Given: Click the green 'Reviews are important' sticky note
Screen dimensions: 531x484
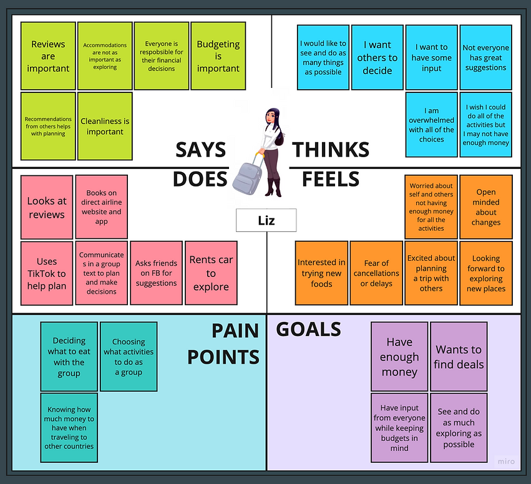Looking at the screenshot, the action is [x=48, y=56].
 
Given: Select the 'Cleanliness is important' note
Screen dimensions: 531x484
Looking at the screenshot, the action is [x=105, y=126].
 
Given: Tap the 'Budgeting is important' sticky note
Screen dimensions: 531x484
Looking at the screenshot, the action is [x=218, y=56].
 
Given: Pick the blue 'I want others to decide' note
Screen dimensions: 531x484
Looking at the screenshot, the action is [x=377, y=57].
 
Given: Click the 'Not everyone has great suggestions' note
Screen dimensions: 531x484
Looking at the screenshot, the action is [x=485, y=57].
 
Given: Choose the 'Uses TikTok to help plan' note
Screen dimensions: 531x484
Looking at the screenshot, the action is [x=47, y=274].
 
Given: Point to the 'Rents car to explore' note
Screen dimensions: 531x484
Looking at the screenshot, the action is [x=211, y=273].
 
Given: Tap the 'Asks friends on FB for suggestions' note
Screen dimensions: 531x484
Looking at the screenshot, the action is [x=156, y=273].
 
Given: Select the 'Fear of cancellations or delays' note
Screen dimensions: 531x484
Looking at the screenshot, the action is [x=376, y=273].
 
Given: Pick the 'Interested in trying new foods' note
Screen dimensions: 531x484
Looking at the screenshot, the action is [x=321, y=273].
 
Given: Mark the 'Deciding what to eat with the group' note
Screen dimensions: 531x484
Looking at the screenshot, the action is [x=69, y=357].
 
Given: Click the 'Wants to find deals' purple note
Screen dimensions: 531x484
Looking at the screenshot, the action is [x=459, y=357].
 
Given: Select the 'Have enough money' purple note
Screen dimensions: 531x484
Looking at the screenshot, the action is [x=399, y=357].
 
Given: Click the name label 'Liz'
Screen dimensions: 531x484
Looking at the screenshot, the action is [x=266, y=221].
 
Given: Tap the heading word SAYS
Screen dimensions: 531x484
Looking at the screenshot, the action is [x=200, y=150].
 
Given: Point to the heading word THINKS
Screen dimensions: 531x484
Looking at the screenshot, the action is [x=331, y=150].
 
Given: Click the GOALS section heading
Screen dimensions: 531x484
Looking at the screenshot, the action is [x=309, y=329].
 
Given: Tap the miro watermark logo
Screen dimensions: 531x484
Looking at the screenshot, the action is [x=506, y=462].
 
